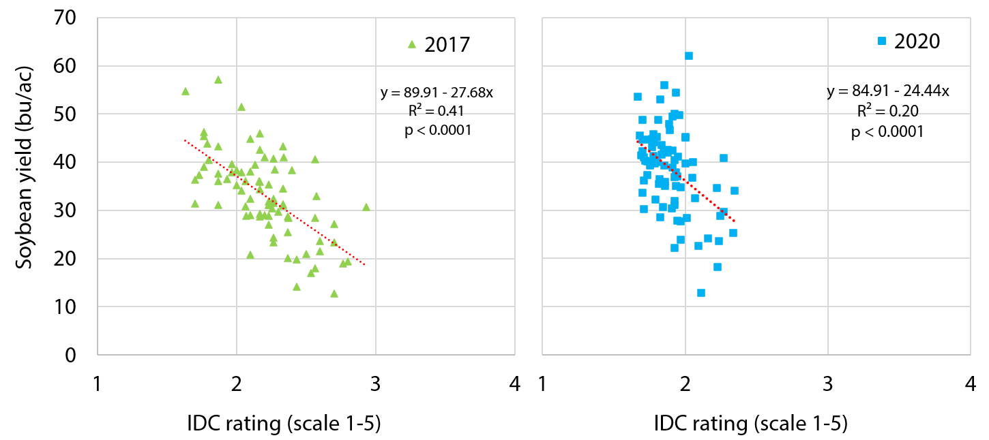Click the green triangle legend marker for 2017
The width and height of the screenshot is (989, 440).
pyautogui.click(x=411, y=45)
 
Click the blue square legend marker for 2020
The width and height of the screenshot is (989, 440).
pyautogui.click(x=881, y=42)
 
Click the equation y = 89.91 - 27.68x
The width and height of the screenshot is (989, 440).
pyautogui.click(x=437, y=93)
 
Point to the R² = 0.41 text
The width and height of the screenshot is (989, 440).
pyautogui.click(x=437, y=111)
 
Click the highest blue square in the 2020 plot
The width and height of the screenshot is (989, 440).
pyautogui.click(x=689, y=56)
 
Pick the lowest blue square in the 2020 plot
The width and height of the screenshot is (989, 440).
pyautogui.click(x=700, y=293)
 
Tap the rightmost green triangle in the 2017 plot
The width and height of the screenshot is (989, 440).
pyautogui.click(x=366, y=207)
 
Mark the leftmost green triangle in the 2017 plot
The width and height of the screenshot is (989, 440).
pyautogui.click(x=186, y=91)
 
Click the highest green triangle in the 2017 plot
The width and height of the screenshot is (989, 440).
pyautogui.click(x=218, y=80)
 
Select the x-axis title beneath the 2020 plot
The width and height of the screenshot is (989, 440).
pyautogui.click(x=750, y=424)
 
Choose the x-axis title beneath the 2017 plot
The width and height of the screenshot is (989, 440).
pyautogui.click(x=284, y=424)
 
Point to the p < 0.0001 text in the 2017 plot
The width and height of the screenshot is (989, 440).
pyautogui.click(x=437, y=131)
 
